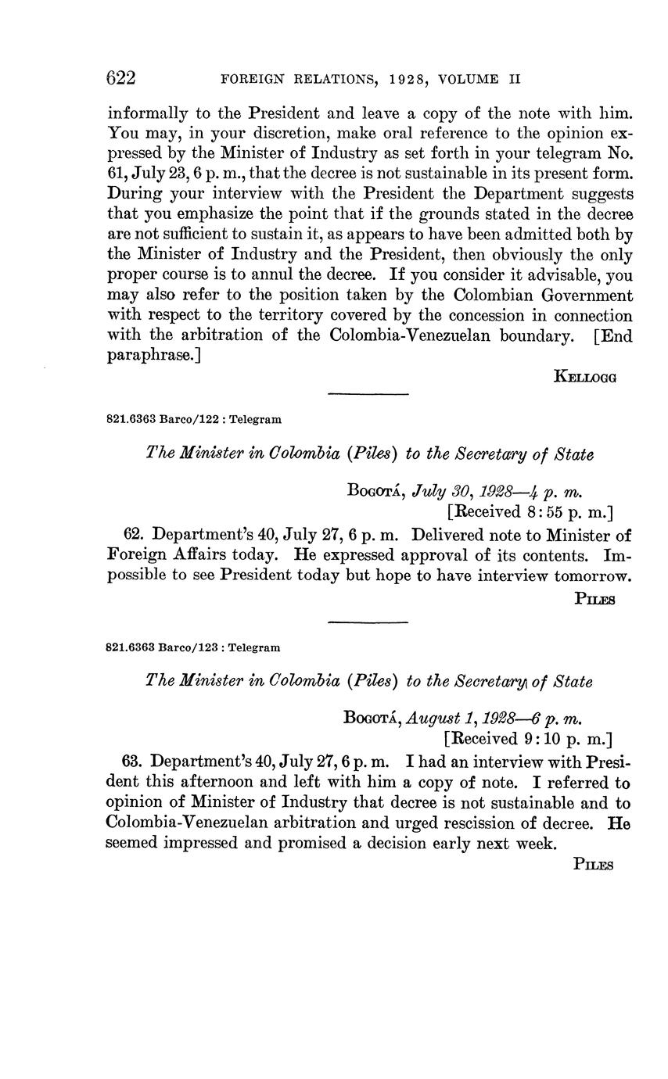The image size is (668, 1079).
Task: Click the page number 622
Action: click(121, 78)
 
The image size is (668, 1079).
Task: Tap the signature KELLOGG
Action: click(585, 377)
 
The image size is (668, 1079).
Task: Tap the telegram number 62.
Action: click(134, 536)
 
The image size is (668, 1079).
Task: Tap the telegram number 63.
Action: click(132, 762)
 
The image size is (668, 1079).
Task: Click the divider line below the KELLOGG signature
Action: click(368, 394)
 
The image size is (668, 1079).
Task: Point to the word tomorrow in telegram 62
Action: click(592, 576)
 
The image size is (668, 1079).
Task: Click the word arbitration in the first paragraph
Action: click(194, 336)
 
